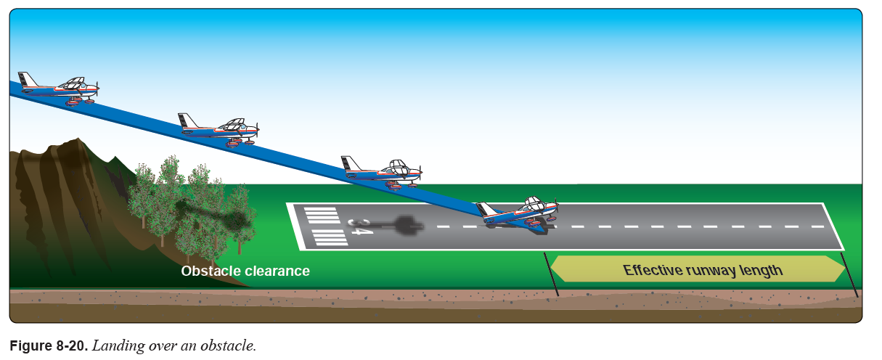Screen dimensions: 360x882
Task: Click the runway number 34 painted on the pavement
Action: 360,226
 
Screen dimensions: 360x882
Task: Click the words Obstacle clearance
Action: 245,271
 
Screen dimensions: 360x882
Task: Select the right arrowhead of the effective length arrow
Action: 841,269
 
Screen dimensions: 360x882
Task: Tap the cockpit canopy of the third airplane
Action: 398,166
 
